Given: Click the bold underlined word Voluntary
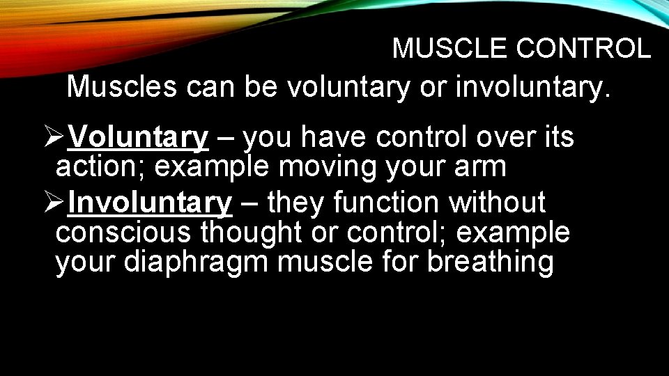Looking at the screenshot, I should coord(139,138).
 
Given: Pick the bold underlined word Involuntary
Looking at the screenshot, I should coord(151,203).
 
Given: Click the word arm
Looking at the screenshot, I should coord(483,168).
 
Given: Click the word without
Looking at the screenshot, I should coord(498,203).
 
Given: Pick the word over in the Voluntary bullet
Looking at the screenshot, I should coord(504,138).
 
